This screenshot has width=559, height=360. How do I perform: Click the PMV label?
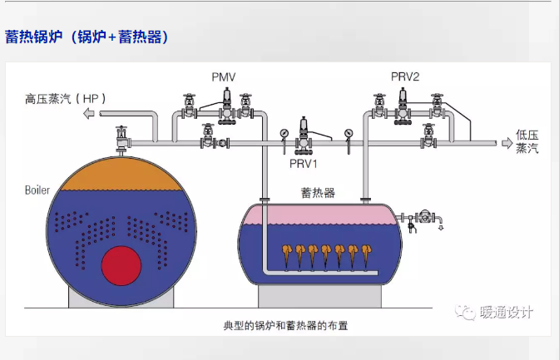tap(224, 77)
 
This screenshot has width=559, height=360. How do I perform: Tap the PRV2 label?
tap(405, 76)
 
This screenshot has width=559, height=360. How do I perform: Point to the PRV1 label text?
tap(303, 164)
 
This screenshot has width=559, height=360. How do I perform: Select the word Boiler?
tap(37, 190)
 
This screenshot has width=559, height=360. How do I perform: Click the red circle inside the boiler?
tap(121, 265)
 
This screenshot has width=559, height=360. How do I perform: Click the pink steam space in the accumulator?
tap(319, 215)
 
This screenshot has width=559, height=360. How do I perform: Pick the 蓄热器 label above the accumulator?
tap(318, 193)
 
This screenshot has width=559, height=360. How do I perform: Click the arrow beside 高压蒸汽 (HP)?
tap(89, 114)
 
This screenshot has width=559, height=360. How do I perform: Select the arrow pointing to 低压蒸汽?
tap(507, 143)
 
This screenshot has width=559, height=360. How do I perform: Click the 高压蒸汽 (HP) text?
tap(65, 99)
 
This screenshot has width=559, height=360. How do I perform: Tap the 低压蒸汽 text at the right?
tap(527, 141)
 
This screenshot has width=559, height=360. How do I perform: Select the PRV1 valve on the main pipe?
tap(304, 135)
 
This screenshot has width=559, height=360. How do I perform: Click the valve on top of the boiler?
tap(121, 140)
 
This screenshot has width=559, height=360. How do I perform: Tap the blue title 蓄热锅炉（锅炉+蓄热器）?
tap(87, 37)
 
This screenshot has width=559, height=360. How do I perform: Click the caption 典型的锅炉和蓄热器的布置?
tap(285, 325)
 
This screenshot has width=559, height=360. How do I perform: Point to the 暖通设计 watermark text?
tap(507, 313)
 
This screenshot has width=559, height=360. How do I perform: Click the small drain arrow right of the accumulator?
tap(441, 227)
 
